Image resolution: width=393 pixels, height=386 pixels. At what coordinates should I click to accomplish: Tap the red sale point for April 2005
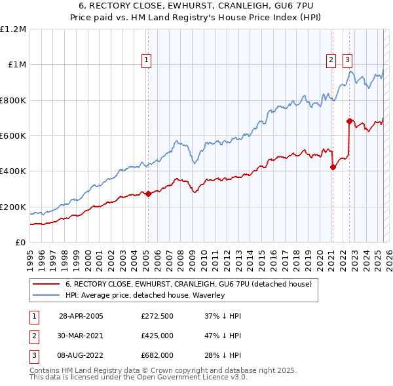(x=148, y=194)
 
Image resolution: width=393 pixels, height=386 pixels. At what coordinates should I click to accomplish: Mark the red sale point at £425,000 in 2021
(x=333, y=167)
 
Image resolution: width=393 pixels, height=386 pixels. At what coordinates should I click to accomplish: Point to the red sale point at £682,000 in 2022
(x=349, y=121)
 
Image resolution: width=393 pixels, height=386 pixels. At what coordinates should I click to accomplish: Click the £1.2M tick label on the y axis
(x=13, y=29)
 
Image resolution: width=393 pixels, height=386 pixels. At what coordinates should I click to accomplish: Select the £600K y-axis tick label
(x=13, y=136)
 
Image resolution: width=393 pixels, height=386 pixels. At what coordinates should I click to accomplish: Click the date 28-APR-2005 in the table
(x=81, y=315)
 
